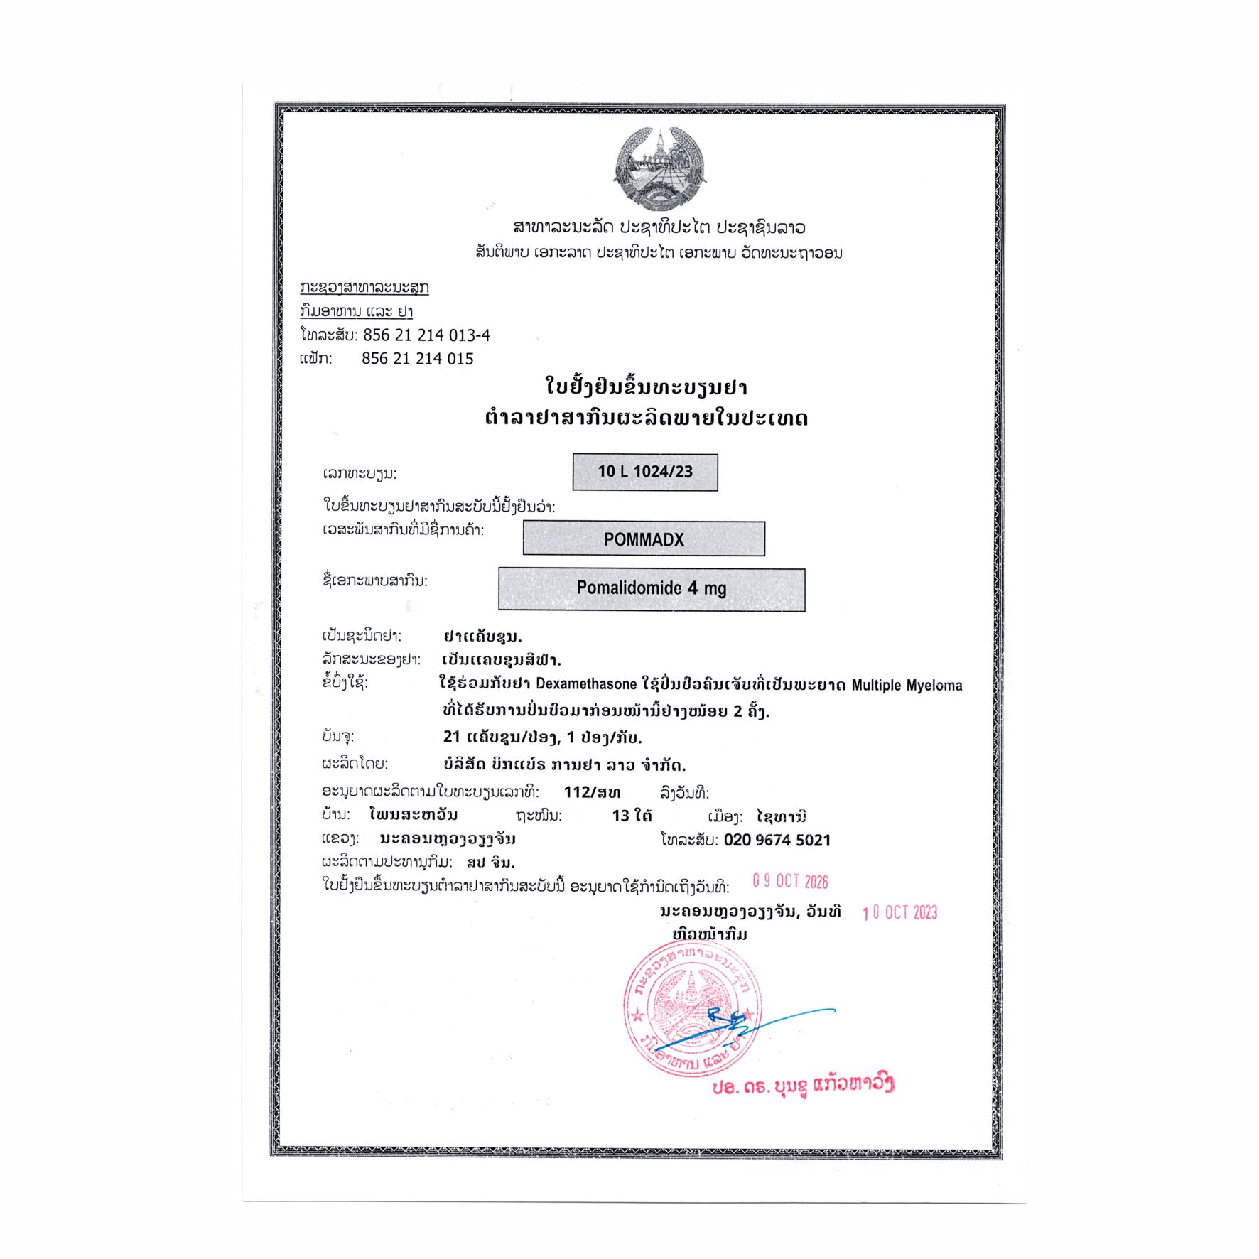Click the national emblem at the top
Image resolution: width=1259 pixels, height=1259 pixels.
coord(660,170)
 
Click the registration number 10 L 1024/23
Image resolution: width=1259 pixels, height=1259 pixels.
coord(644,472)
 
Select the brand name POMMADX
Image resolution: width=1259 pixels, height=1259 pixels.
coord(644,539)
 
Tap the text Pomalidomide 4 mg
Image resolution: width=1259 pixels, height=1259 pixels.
coord(651,588)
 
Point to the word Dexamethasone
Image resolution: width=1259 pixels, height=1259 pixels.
coord(586,684)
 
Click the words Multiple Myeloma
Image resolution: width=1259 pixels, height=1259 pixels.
coord(907,686)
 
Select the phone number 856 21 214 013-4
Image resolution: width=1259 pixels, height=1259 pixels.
coord(426,335)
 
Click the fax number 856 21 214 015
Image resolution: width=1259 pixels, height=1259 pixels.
coord(417,359)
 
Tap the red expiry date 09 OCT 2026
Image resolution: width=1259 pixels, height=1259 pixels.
coord(790,882)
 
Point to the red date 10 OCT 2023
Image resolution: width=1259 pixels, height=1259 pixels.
coord(899,913)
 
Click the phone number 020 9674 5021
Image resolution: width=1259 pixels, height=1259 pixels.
coord(777,841)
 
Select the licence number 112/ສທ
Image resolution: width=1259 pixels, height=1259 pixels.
coord(592,792)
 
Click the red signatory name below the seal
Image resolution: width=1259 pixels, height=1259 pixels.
coord(803,1085)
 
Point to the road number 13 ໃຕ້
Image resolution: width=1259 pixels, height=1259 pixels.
coord(632,816)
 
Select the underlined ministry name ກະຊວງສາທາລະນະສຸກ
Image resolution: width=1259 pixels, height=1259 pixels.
coord(364,287)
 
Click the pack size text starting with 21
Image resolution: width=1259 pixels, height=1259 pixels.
coord(542,737)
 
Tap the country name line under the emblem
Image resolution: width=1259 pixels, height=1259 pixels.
coord(659,227)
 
